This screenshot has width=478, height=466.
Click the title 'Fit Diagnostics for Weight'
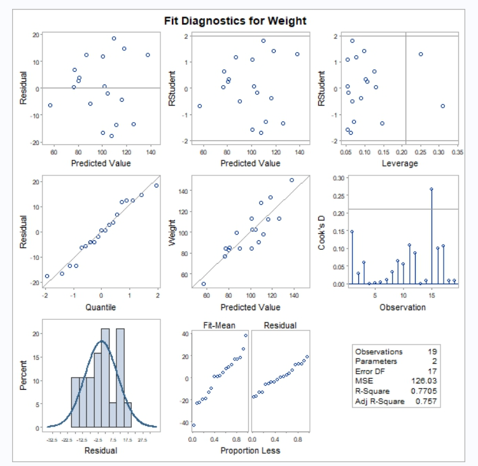pyautogui.click(x=235, y=20)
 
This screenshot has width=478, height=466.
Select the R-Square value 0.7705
pyautogui.click(x=426, y=392)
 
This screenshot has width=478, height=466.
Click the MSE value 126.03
pyautogui.click(x=427, y=381)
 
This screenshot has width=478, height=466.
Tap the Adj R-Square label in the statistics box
pyautogui.click(x=379, y=402)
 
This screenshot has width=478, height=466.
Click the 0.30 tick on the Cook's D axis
pyautogui.click(x=339, y=178)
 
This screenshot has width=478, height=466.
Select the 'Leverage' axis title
pyautogui.click(x=399, y=163)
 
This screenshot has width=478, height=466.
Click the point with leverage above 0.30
pyautogui.click(x=442, y=106)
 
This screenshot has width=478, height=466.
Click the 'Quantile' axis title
pyautogui.click(x=101, y=307)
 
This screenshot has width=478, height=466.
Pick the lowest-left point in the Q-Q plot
pyautogui.click(x=46, y=276)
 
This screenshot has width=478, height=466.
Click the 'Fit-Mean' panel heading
pyautogui.click(x=219, y=326)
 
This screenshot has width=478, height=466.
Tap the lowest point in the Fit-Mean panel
pyautogui.click(x=193, y=425)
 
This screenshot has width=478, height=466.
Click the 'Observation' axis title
pyautogui.click(x=402, y=307)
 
